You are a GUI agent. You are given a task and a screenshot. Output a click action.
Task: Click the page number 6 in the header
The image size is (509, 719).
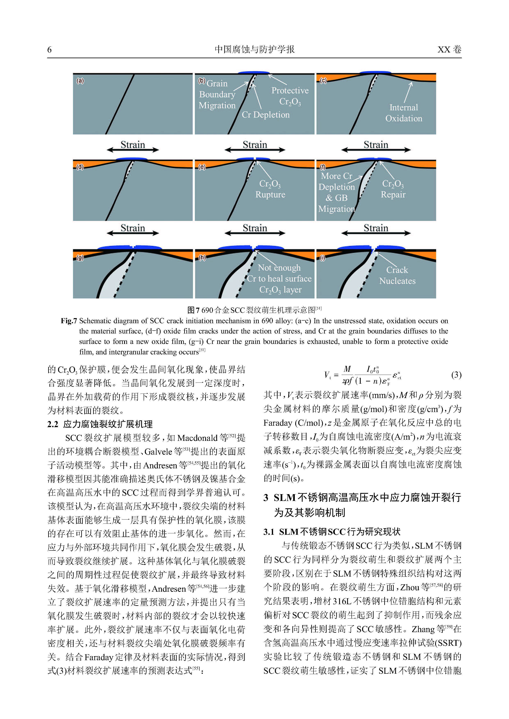[49, 49]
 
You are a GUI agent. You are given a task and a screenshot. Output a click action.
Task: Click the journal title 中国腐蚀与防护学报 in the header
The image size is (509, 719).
[254, 49]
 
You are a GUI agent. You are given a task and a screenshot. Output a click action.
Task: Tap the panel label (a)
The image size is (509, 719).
[80, 81]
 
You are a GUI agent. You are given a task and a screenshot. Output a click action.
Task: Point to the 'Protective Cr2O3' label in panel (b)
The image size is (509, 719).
[290, 96]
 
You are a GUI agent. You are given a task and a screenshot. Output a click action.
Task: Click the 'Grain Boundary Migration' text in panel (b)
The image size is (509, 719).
[217, 94]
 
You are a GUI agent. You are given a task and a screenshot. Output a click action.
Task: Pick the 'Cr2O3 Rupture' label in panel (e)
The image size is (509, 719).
[270, 189]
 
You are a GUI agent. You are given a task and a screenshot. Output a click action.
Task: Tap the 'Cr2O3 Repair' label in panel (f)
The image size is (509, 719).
[393, 189]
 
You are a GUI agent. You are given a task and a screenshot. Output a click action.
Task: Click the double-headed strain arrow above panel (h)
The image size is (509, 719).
[255, 233]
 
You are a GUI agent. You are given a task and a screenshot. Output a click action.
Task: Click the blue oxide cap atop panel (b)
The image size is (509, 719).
[253, 73]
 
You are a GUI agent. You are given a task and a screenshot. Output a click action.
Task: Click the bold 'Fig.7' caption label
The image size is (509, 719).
[69, 321]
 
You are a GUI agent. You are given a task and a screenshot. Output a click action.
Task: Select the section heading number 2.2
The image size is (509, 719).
[53, 424]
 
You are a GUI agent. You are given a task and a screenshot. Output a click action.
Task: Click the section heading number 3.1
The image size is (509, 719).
[269, 531]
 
